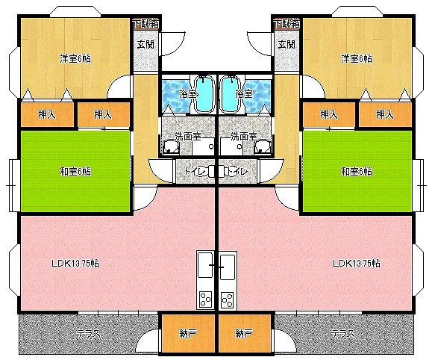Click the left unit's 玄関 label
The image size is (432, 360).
[145, 44]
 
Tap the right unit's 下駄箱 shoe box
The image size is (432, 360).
[287, 24]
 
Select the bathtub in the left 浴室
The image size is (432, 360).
[204, 93]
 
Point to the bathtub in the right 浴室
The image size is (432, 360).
[231, 93]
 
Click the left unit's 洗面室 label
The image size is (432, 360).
[188, 136]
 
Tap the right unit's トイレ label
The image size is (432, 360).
[237, 172]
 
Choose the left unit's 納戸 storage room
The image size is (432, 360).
[189, 334]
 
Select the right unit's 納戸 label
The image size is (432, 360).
[244, 334]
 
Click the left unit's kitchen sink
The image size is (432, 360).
[205, 265]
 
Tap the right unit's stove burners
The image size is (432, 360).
[228, 300]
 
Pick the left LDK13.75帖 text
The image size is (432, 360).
[75, 263]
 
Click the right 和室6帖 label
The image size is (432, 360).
[357, 172]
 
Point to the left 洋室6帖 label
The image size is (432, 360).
[75, 59]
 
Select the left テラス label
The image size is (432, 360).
[89, 334]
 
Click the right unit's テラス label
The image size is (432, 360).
[342, 334]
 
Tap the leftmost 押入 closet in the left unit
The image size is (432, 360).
[48, 114]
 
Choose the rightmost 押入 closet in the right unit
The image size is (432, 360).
[385, 114]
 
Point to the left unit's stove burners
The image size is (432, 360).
[205, 300]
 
